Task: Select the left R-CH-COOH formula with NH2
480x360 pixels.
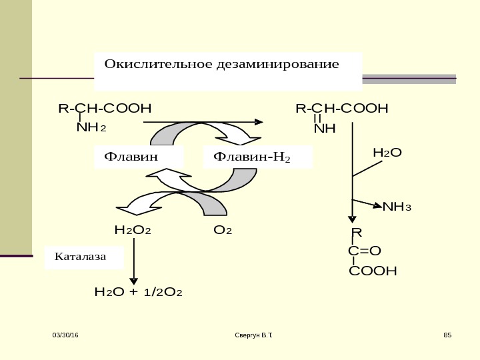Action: coord(105,108)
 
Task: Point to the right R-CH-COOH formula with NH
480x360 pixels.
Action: coord(342,108)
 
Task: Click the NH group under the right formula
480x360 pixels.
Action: coord(325,127)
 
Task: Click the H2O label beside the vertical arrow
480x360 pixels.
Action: coord(387,153)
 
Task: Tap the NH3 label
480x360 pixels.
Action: coord(397,206)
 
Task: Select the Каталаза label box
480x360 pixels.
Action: coord(84,255)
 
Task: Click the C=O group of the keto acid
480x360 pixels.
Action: coord(364,251)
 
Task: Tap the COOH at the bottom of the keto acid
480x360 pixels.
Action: coord(373,271)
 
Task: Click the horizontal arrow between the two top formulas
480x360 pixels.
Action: coord(203,122)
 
